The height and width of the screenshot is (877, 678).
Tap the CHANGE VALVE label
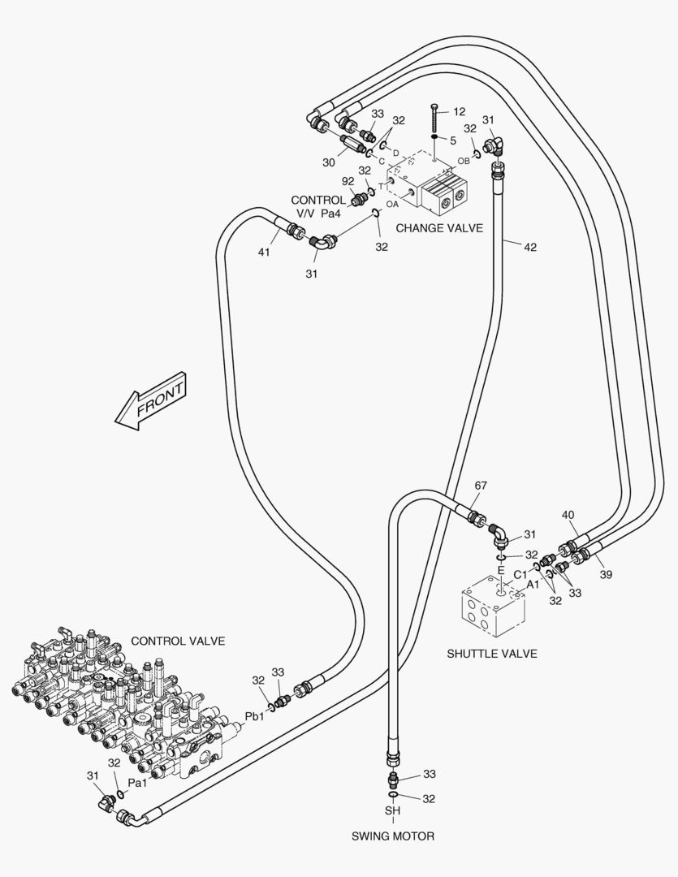[438, 228]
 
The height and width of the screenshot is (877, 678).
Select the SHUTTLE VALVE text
[491, 654]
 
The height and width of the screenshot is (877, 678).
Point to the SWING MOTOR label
[393, 836]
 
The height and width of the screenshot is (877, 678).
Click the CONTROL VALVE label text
[178, 641]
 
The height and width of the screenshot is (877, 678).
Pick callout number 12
[460, 111]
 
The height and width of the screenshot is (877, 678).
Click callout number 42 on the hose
[529, 247]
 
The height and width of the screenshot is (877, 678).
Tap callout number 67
[481, 486]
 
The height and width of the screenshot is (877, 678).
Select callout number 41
[264, 253]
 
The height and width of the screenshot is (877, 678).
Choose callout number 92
[348, 181]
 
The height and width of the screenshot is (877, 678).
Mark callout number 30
[328, 162]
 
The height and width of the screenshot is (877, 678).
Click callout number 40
[568, 515]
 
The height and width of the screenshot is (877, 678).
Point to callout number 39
[606, 574]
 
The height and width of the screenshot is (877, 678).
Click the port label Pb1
[255, 716]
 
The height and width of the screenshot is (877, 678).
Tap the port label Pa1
[138, 783]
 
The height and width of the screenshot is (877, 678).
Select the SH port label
[393, 810]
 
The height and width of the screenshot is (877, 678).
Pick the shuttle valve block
[492, 607]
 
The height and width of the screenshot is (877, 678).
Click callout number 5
[453, 140]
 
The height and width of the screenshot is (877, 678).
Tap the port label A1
[533, 584]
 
